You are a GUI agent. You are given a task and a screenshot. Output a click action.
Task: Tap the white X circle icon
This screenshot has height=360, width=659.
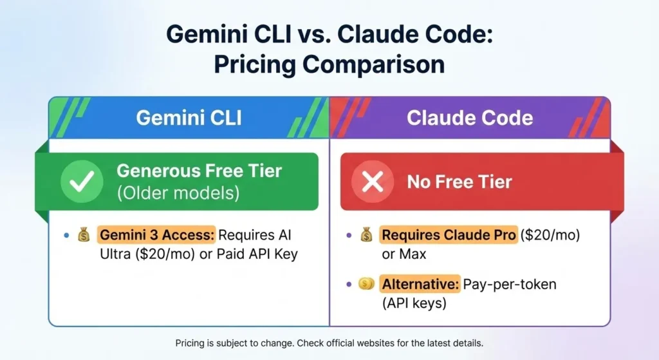[x=372, y=182]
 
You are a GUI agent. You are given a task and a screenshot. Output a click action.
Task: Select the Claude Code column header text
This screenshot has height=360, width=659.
[x=470, y=118]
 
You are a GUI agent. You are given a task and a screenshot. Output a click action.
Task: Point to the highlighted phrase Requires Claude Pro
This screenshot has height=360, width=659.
[x=449, y=236]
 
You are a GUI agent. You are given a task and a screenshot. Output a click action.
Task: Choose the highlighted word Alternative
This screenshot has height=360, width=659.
[x=420, y=283]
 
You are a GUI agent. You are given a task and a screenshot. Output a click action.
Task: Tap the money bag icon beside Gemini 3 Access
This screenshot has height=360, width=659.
[x=84, y=236]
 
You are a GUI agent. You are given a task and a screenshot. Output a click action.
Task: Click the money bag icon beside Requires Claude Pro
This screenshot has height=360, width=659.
[x=366, y=236]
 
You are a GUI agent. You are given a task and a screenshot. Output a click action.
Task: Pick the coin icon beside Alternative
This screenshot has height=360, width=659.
[x=366, y=283]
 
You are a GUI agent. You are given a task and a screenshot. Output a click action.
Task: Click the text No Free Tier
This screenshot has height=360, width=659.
[x=459, y=182]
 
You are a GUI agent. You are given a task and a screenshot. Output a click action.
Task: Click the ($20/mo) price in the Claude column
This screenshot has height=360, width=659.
[x=550, y=236]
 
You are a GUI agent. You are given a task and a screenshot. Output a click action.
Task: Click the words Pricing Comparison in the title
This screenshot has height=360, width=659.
[x=329, y=64]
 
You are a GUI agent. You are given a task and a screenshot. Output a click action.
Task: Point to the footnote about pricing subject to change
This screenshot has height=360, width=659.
[x=329, y=343]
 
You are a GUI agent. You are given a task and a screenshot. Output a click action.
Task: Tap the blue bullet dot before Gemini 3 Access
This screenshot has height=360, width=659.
[x=66, y=236]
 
